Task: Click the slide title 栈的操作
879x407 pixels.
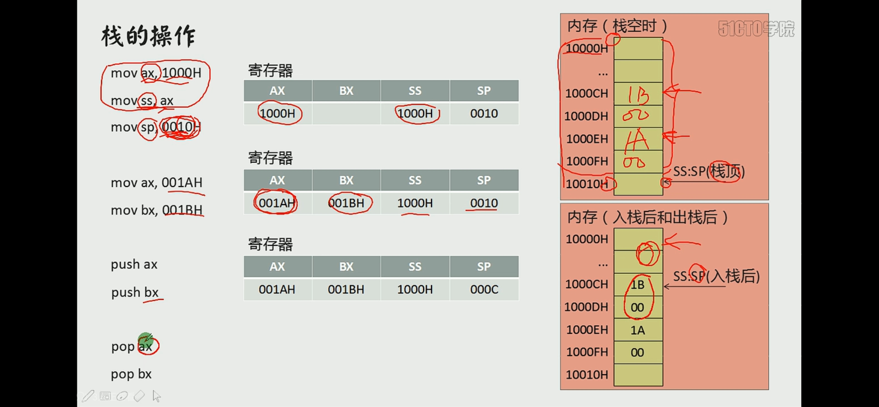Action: pyautogui.click(x=148, y=36)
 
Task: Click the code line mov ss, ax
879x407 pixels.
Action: pyautogui.click(x=142, y=101)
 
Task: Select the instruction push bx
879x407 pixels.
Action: pyautogui.click(x=135, y=292)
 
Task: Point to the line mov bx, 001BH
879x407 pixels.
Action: pyautogui.click(x=157, y=210)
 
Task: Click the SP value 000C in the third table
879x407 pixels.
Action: pyautogui.click(x=484, y=290)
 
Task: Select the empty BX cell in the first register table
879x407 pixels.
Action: pyautogui.click(x=346, y=114)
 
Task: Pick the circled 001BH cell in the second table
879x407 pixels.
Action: pyautogui.click(x=346, y=203)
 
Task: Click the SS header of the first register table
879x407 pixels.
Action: pyautogui.click(x=415, y=91)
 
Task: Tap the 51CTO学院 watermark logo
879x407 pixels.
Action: pyautogui.click(x=756, y=29)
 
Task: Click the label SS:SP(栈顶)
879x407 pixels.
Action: pyautogui.click(x=708, y=171)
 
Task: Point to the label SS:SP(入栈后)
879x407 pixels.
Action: pyautogui.click(x=716, y=276)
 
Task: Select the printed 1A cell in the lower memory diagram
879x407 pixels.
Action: pyautogui.click(x=637, y=330)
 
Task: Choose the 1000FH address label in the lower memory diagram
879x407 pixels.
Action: pyautogui.click(x=587, y=352)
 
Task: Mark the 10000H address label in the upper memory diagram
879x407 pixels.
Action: pyautogui.click(x=587, y=48)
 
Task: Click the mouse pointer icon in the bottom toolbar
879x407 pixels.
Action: pyautogui.click(x=157, y=396)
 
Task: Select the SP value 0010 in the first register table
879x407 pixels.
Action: pyautogui.click(x=484, y=114)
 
